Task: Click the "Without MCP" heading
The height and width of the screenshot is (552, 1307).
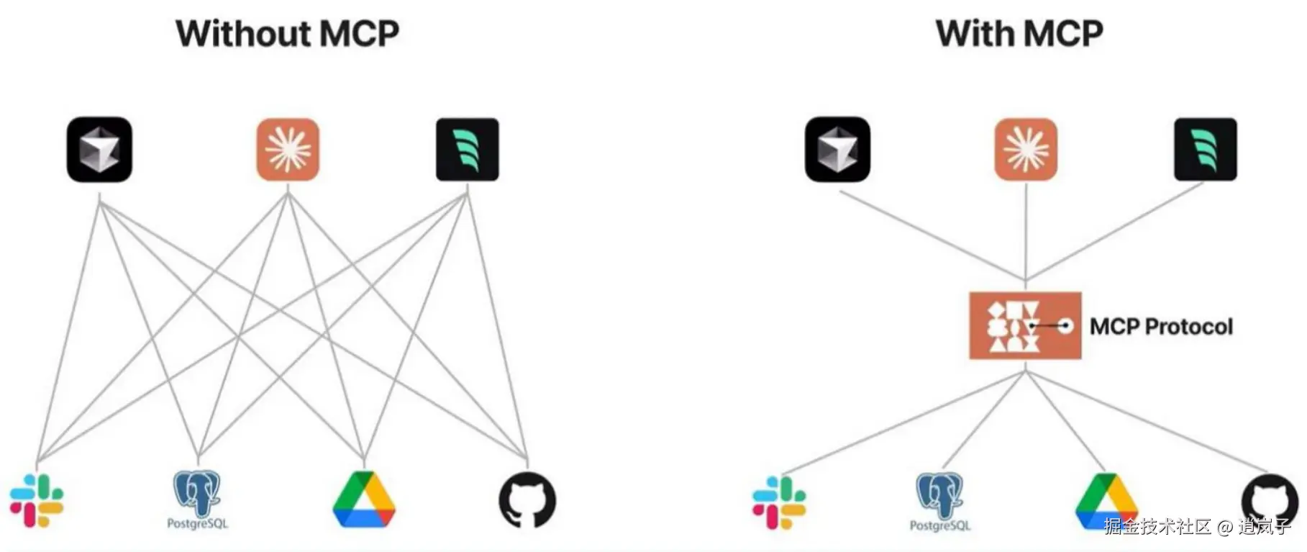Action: (287, 34)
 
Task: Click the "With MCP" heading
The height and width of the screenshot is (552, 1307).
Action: (1019, 34)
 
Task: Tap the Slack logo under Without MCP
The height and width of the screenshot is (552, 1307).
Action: (37, 500)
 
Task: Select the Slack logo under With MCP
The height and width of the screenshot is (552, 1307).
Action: (779, 502)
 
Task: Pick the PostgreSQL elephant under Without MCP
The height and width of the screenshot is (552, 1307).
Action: (197, 494)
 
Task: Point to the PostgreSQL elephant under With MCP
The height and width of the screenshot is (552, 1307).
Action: (939, 496)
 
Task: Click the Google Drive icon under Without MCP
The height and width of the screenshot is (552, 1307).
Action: (364, 500)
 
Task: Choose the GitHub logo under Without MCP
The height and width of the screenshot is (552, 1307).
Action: (527, 499)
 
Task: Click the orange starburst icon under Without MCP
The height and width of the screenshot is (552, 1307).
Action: (288, 150)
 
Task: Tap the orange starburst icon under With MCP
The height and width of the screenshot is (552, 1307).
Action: (1026, 150)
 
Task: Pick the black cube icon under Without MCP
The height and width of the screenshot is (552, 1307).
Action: (99, 150)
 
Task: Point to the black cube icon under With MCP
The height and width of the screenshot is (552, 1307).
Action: (837, 150)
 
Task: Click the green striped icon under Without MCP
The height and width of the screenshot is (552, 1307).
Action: (468, 150)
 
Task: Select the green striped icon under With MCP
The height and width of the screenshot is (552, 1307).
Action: (1206, 150)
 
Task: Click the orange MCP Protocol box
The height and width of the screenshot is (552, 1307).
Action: (1025, 325)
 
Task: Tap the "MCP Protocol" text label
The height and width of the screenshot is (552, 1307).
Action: (1161, 327)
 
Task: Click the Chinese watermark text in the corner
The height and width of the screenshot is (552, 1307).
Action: (1197, 527)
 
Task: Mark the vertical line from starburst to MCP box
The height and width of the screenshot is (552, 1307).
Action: (1026, 230)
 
